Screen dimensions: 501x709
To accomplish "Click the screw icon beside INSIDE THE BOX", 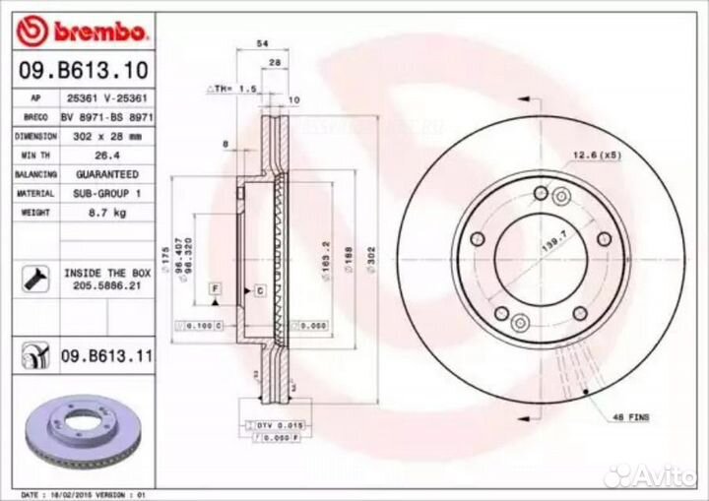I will coord(31,278).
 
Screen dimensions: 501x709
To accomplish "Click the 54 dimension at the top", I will coord(262,45).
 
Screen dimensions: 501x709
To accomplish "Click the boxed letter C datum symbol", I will coord(259,291).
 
